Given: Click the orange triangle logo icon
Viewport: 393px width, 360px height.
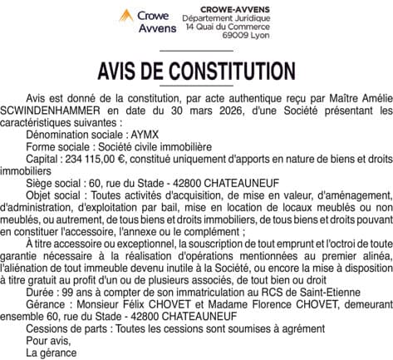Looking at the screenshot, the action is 125,15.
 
